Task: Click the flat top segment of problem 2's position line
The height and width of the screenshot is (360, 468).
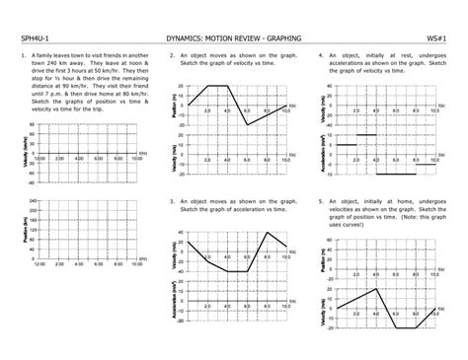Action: tap(218, 86)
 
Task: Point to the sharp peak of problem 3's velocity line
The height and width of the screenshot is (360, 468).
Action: tap(267, 234)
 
